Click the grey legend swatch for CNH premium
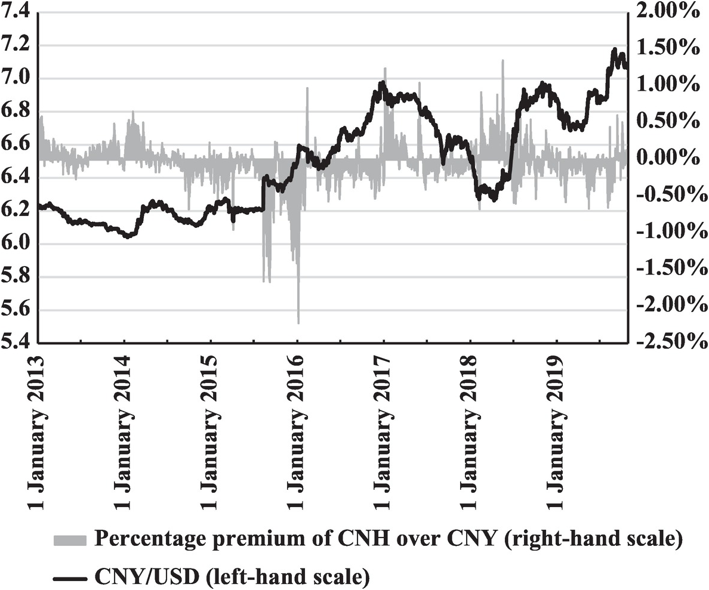coord(70,540)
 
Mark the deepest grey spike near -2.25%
coord(298,322)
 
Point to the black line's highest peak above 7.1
coord(615,50)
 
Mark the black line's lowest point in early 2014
coord(127,237)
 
